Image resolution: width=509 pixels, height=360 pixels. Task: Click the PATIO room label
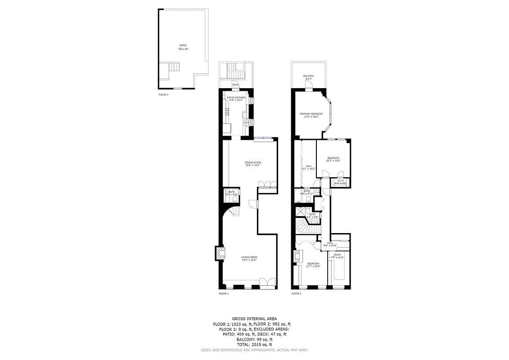click(x=183, y=47)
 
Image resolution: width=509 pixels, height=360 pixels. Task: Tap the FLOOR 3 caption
click(x=163, y=95)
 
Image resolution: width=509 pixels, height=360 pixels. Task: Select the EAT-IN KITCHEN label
click(x=236, y=99)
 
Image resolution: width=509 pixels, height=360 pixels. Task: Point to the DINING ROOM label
click(x=252, y=164)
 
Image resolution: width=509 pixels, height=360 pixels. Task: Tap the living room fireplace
click(x=219, y=254)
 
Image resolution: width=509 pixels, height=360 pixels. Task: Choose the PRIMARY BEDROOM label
click(x=311, y=115)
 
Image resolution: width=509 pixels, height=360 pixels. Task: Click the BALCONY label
click(x=309, y=77)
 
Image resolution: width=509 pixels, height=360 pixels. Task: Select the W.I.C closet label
click(x=341, y=182)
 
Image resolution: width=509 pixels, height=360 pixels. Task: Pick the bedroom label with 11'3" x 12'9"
click(x=333, y=159)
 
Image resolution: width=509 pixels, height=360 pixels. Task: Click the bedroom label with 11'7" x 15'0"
click(x=313, y=265)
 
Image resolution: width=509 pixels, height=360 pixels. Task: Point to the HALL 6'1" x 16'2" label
click(x=309, y=167)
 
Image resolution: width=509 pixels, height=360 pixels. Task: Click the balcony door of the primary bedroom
click(x=308, y=89)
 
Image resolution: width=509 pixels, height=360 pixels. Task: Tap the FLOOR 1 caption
click(x=224, y=294)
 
